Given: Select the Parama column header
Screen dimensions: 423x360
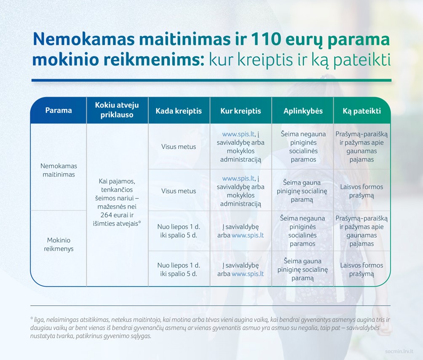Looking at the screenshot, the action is (x=59, y=110).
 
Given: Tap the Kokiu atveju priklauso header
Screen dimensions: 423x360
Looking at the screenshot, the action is (x=117, y=110).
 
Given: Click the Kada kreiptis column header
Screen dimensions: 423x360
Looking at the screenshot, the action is (x=179, y=111).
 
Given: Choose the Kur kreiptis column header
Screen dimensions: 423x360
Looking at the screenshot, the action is (x=241, y=111).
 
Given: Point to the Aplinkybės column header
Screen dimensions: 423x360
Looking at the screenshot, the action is (x=303, y=111).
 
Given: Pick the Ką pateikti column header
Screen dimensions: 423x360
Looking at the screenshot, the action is (x=362, y=111).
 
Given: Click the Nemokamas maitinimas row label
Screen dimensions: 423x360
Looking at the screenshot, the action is (x=59, y=170).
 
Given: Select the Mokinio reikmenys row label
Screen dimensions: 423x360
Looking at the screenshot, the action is (x=59, y=244).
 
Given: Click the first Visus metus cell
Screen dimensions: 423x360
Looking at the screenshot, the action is (x=179, y=147).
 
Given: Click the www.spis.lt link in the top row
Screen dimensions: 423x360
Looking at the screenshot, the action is (x=238, y=134).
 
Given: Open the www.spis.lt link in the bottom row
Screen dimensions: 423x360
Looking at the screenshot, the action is (x=248, y=274).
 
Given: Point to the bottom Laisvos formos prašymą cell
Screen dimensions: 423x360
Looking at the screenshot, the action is (x=361, y=270).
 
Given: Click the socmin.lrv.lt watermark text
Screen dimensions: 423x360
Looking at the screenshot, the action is (x=399, y=352).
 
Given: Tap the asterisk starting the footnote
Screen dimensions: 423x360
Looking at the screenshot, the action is (x=32, y=318).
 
